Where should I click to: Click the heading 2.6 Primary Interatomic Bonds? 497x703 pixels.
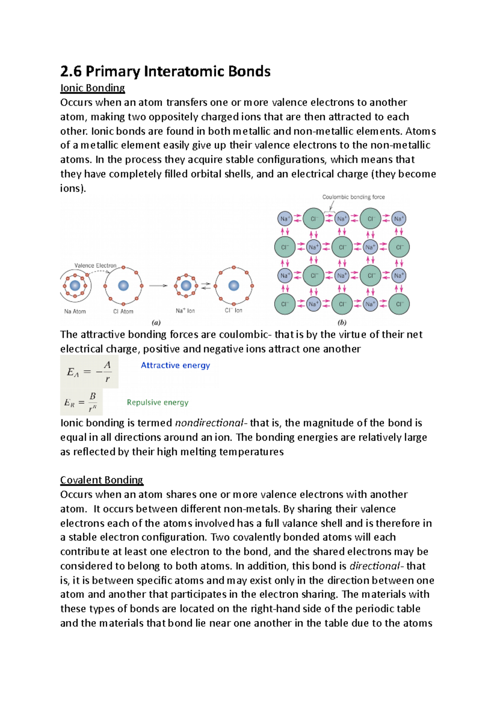click(x=165, y=72)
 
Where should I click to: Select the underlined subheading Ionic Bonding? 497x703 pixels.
click(x=92, y=88)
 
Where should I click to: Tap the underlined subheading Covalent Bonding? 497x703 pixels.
click(x=101, y=480)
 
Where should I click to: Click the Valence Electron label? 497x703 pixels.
click(x=95, y=265)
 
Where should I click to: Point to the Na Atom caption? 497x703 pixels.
click(x=75, y=311)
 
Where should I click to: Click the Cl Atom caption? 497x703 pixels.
click(x=123, y=311)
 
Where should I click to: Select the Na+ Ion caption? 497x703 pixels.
click(x=185, y=311)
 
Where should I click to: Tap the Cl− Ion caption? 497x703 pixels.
click(x=234, y=310)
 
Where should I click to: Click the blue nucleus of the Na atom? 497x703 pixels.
click(x=75, y=286)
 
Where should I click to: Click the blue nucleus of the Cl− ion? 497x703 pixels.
click(x=234, y=285)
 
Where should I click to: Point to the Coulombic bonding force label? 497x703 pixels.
click(x=353, y=197)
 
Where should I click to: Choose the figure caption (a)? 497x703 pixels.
click(x=156, y=323)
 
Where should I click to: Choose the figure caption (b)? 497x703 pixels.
click(x=342, y=323)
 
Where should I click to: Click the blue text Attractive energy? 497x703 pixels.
click(x=175, y=365)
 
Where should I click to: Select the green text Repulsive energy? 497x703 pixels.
click(x=157, y=402)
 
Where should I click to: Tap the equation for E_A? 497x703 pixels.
click(x=89, y=371)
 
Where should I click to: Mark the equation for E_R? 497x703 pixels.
click(x=81, y=402)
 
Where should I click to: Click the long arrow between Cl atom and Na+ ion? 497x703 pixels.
click(x=158, y=286)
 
